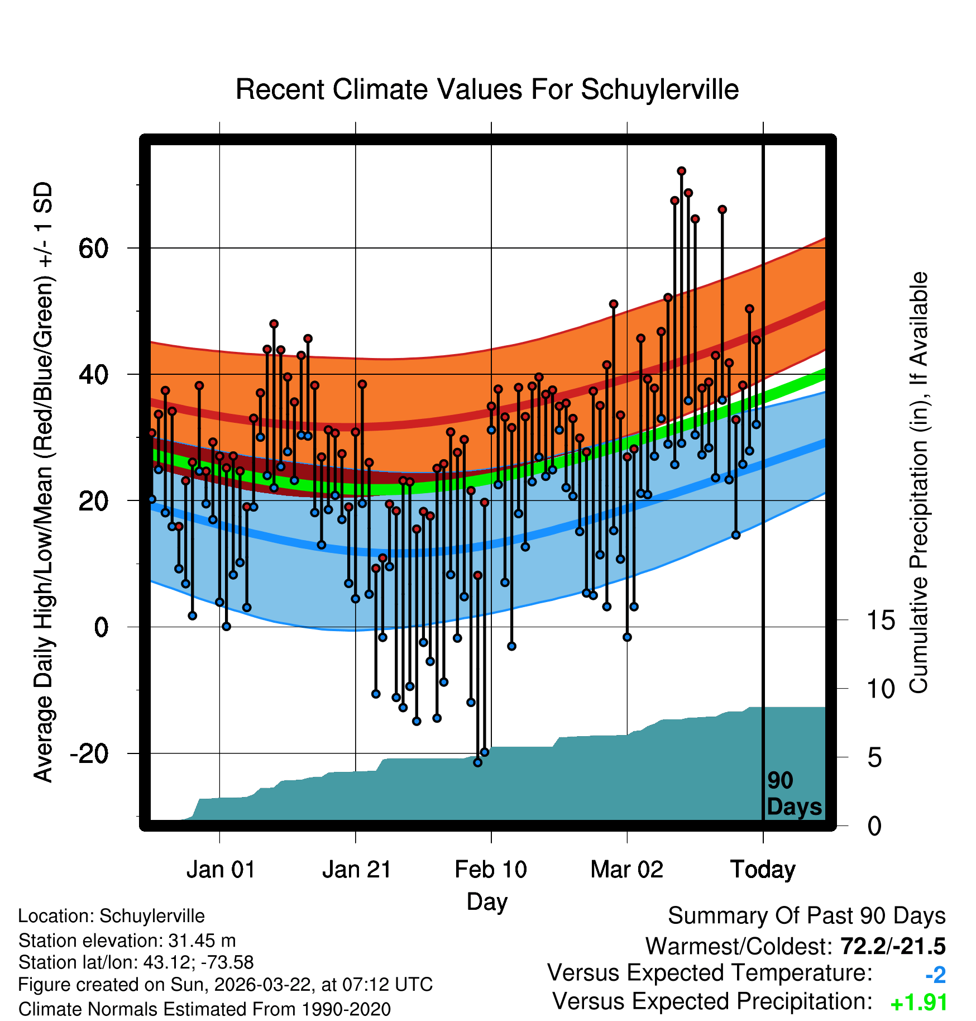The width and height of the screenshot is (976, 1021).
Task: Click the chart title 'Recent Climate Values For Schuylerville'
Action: (487, 89)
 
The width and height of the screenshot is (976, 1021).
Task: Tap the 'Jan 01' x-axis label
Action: (221, 870)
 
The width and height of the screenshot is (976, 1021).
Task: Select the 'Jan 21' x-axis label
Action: (356, 870)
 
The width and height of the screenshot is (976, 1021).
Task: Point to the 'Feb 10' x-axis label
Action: (491, 870)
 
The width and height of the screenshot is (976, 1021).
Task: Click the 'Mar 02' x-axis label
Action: (626, 870)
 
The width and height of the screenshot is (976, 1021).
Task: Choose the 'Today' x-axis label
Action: (763, 870)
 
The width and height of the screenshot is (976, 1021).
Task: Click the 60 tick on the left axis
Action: (93, 248)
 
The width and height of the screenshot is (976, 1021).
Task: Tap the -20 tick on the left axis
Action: (89, 753)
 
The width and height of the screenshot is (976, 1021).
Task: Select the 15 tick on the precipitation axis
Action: (881, 620)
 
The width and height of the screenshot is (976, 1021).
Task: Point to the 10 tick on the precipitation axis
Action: (881, 689)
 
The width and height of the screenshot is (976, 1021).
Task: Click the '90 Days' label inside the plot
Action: (793, 794)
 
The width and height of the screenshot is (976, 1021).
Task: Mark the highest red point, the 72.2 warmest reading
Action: (681, 171)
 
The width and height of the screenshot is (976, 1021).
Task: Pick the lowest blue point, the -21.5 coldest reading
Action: (477, 762)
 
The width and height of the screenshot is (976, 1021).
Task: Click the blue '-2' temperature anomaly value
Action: (935, 975)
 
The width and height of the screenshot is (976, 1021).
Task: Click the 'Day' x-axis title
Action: (487, 901)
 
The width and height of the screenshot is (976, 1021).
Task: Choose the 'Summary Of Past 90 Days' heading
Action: (806, 916)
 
